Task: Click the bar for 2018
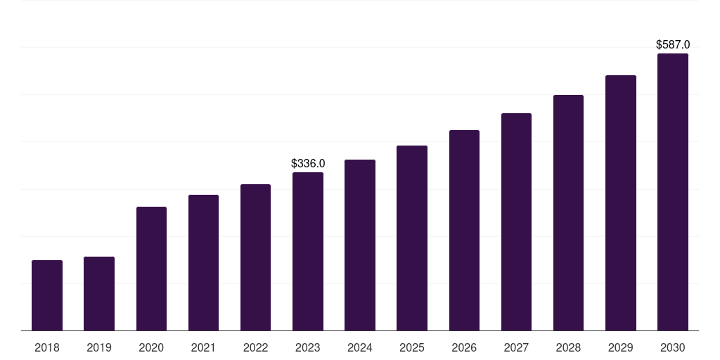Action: click(47, 295)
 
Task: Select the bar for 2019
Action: click(99, 294)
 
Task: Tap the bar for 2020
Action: click(151, 269)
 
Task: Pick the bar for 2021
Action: click(203, 263)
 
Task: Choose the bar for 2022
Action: click(255, 257)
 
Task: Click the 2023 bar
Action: click(308, 252)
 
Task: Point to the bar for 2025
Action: click(412, 238)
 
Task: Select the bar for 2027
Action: click(516, 222)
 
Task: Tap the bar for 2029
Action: click(620, 203)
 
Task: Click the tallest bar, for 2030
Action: click(672, 192)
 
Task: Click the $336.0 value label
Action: click(308, 164)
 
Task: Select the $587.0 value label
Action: click(672, 45)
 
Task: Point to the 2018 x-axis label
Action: click(47, 347)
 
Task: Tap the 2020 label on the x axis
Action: click(151, 347)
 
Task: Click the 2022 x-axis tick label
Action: click(255, 347)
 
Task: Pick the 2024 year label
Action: click(360, 347)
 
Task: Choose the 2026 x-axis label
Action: click(464, 347)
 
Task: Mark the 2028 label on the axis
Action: click(568, 347)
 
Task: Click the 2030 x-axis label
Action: click(672, 347)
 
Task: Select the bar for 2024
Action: click(360, 245)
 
